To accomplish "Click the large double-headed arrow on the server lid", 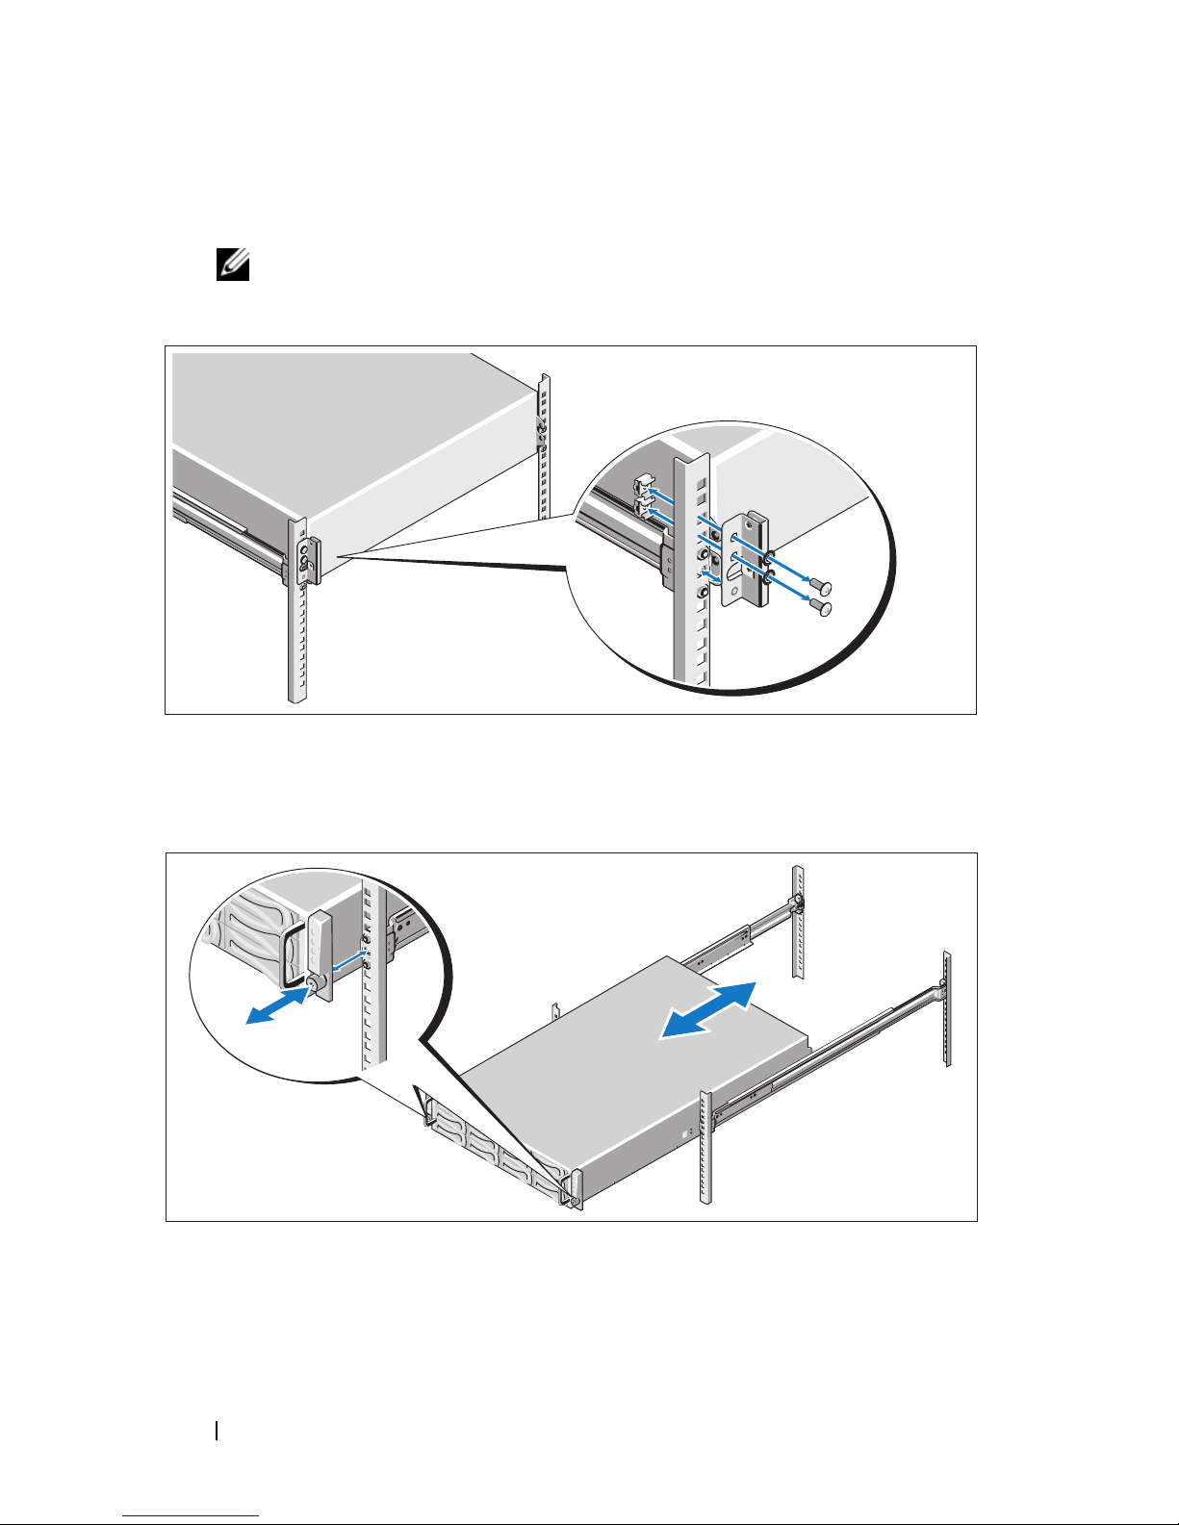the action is point(708,1010).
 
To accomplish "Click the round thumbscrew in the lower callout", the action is point(313,984).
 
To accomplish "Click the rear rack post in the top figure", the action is point(544,443).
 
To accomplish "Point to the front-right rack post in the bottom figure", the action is point(706,1145).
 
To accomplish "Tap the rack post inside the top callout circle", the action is point(691,577).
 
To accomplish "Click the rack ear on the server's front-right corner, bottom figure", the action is point(575,1189).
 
